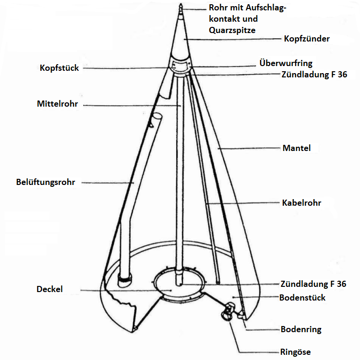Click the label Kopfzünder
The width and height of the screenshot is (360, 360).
point(307,39)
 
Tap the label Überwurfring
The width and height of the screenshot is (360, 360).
point(286,63)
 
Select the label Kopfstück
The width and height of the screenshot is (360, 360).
point(60,68)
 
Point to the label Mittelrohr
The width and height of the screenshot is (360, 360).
point(58,104)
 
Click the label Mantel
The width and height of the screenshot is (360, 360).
point(297,148)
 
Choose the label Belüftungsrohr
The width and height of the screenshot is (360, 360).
point(45,182)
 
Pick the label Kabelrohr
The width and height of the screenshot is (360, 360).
point(301,203)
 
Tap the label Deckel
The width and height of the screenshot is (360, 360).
point(50,289)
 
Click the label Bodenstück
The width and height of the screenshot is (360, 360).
point(302,298)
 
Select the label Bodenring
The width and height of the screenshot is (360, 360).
point(301,329)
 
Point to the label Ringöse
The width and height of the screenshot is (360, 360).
point(295,352)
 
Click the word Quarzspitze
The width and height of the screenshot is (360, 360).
point(232,30)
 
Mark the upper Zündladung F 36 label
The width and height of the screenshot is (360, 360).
point(314,75)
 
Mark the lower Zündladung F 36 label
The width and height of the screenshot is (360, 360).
point(313,284)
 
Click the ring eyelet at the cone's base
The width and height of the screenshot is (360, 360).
point(228,311)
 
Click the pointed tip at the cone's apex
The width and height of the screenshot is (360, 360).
point(180,4)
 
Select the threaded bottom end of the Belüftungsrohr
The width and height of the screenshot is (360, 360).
point(125,280)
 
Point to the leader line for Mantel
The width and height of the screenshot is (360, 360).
point(249,148)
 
